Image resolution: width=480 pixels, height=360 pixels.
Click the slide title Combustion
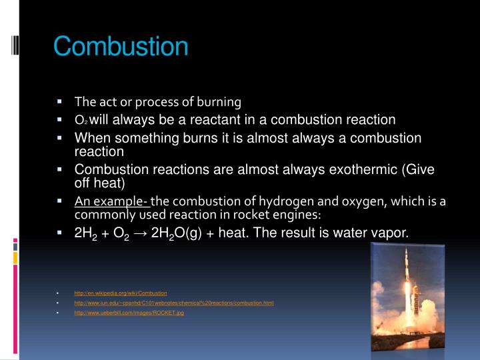click(x=121, y=47)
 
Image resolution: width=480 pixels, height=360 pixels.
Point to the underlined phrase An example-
click(x=112, y=202)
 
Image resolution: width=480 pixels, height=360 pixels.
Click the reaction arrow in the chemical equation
click(x=155, y=233)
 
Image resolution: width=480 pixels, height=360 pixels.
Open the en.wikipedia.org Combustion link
click(x=121, y=293)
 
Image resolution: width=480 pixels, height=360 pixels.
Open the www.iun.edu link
click(x=174, y=303)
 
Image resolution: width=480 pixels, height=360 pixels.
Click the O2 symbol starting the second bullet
click(x=81, y=121)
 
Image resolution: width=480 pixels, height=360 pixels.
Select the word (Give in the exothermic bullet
click(x=419, y=169)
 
